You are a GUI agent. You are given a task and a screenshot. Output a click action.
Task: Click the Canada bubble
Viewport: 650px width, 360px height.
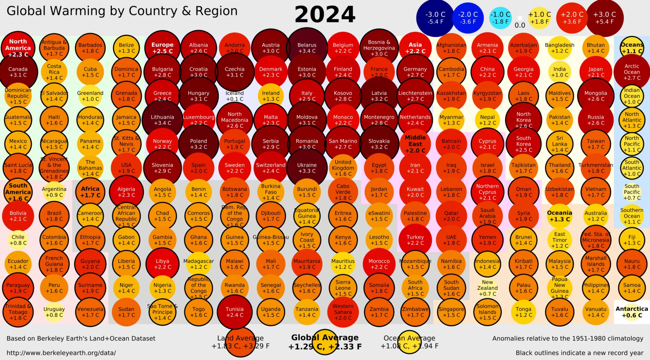18,72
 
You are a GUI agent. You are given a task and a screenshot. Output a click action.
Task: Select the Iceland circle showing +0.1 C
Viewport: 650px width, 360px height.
234,96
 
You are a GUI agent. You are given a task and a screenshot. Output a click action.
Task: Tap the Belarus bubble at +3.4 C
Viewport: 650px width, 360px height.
307,48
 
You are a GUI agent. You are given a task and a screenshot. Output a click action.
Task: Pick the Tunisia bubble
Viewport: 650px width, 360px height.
234,312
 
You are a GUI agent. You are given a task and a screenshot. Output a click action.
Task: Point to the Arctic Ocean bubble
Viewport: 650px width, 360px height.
631,72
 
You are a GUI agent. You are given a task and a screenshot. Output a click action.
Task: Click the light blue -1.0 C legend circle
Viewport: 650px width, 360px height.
500,18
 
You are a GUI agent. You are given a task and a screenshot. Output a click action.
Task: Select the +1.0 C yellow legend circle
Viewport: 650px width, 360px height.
539,18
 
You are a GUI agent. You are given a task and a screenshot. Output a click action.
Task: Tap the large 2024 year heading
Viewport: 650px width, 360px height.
325,15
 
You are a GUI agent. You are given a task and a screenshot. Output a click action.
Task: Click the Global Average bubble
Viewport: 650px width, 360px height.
325,342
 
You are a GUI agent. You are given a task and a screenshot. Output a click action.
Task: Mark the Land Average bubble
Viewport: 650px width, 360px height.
240,342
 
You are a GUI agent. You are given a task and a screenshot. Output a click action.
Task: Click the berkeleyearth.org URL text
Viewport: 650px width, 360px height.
61,353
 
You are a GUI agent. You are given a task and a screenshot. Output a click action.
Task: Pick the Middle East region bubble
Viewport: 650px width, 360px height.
415,144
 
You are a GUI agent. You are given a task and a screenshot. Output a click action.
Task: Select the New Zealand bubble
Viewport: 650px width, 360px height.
487,288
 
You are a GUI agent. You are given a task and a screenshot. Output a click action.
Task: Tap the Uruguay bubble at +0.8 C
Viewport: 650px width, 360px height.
54,312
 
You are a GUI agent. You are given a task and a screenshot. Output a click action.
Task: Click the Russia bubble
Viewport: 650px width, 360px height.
595,120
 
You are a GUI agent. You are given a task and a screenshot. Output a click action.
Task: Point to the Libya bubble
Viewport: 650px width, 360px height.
162,264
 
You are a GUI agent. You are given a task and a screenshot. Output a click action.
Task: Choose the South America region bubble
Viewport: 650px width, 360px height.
18,192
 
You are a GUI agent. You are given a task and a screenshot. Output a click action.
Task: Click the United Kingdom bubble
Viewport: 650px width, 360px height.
343,168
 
